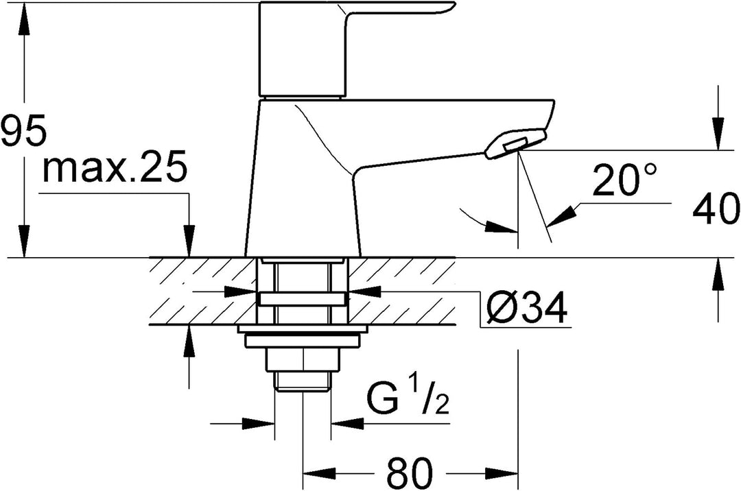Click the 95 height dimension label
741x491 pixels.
[x=23, y=130]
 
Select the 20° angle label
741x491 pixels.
[x=624, y=179]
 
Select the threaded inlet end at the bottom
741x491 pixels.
[x=303, y=381]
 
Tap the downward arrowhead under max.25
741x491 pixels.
[x=189, y=241]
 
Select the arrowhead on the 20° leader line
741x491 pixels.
[x=561, y=215]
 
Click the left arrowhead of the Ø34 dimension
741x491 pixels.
[x=241, y=291]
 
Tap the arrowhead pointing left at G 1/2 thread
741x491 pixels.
[x=347, y=423]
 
